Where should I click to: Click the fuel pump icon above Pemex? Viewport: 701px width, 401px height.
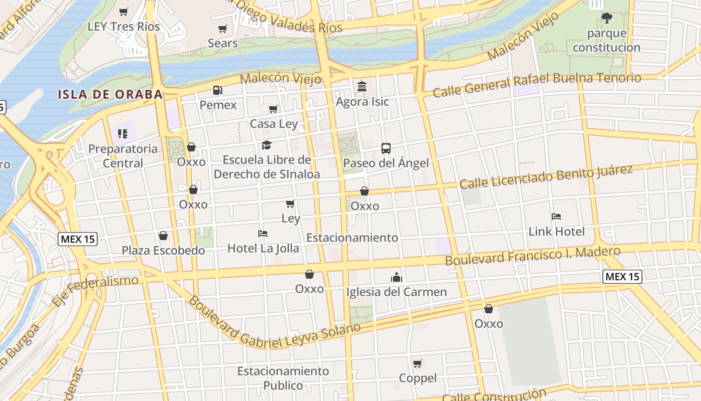218,91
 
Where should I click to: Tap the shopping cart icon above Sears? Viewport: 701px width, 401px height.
223,29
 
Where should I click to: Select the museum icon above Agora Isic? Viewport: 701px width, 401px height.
362,87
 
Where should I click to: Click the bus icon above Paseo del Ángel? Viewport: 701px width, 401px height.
386,148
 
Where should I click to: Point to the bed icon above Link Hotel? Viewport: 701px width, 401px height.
556,217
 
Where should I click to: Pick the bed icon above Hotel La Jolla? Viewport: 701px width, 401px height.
263,234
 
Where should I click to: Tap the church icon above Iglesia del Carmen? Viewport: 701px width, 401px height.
397,277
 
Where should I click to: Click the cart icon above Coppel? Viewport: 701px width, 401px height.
418,363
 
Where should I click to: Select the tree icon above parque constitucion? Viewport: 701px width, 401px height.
607,19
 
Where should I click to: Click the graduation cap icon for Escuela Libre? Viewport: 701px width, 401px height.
266,145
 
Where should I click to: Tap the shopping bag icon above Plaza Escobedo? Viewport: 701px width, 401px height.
163,236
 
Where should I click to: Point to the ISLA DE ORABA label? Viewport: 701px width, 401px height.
110,94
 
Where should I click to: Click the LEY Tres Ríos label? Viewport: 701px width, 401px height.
124,27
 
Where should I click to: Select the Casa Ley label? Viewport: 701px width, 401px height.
274,124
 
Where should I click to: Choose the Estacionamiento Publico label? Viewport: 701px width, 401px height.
283,378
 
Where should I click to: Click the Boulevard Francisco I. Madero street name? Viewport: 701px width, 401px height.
533,256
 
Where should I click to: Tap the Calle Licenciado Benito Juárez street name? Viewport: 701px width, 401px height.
546,177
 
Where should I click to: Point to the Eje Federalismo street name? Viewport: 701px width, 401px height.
95,290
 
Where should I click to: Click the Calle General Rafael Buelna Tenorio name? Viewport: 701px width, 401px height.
537,85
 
